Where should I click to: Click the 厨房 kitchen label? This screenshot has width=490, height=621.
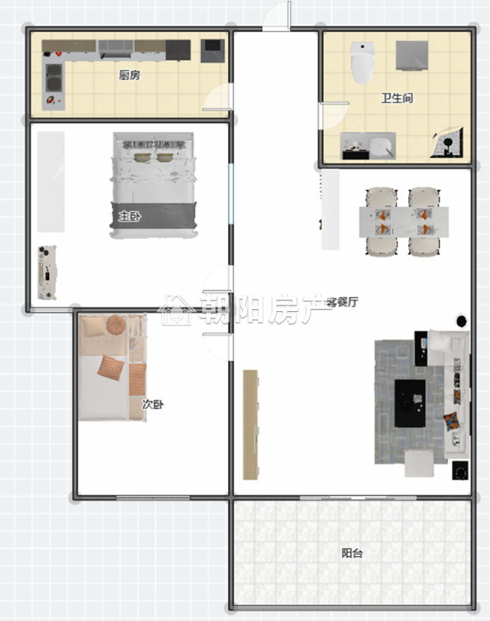[x=129, y=75]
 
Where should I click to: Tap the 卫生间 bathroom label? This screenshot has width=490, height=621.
[x=397, y=98]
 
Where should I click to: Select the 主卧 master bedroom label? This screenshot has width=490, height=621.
[x=130, y=217]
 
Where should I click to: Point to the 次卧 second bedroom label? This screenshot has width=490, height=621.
[x=152, y=404]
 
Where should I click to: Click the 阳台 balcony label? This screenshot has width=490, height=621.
[x=352, y=553]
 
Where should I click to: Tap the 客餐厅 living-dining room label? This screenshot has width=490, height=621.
[x=342, y=302]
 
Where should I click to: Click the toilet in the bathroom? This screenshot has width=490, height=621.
[x=362, y=63]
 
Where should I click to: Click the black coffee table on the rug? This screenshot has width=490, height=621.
[x=410, y=403]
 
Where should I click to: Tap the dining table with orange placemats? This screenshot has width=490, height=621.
[x=404, y=222]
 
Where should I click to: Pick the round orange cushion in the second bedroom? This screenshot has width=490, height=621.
[x=116, y=325]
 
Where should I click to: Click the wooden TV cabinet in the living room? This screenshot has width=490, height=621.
[x=250, y=425]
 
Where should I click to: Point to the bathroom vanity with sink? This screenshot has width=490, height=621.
[x=368, y=146]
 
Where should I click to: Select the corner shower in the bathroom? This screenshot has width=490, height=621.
[x=448, y=142]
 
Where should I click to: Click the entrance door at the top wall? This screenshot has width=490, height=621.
[x=277, y=16]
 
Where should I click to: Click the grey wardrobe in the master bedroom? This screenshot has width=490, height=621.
[x=51, y=182]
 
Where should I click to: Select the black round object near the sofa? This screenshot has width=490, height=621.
[x=461, y=321]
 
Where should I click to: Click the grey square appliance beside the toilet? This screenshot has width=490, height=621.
[x=412, y=55]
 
